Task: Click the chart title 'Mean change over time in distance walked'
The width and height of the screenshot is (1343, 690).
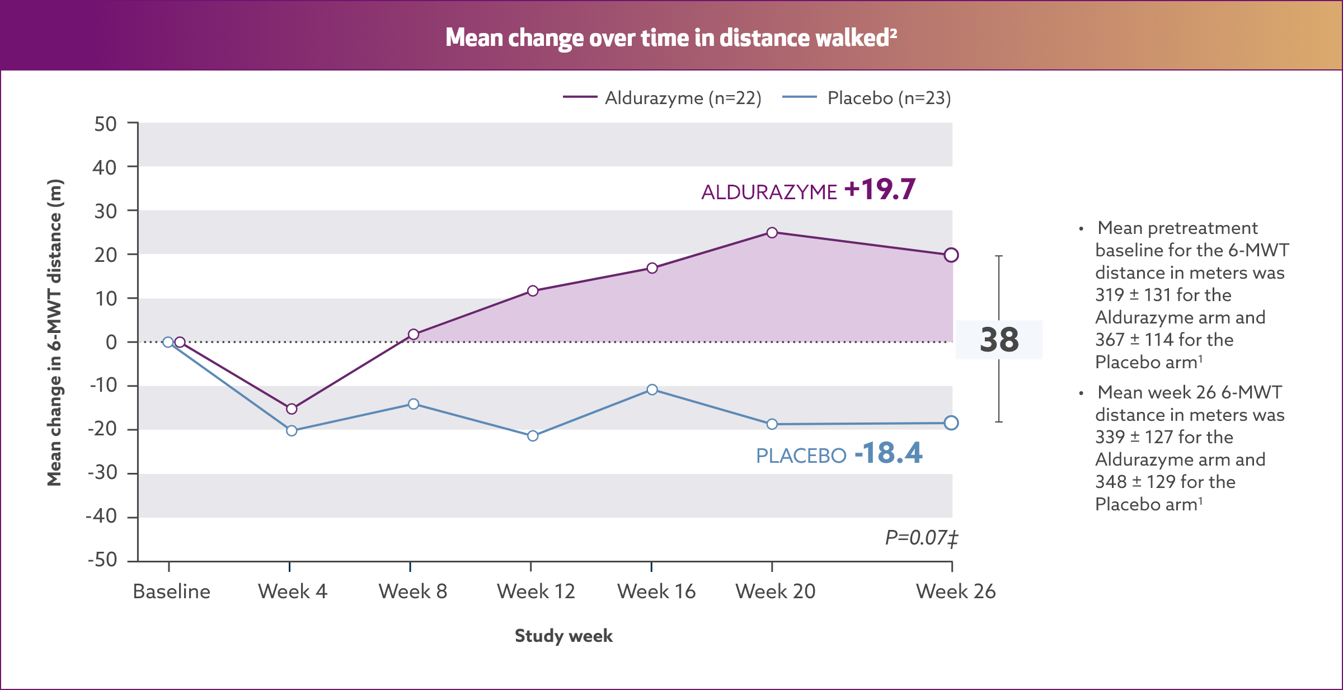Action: tap(671, 37)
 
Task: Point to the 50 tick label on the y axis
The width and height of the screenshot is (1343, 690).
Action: tap(105, 124)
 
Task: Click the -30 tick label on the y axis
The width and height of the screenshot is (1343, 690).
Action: tap(102, 473)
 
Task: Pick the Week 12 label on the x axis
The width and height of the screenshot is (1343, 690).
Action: tap(536, 592)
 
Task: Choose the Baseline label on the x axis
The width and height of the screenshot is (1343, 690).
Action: tap(171, 592)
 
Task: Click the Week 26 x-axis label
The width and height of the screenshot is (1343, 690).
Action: tap(956, 592)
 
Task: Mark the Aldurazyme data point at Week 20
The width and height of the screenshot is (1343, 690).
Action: tap(772, 232)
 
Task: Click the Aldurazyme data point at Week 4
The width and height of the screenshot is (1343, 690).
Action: tap(292, 409)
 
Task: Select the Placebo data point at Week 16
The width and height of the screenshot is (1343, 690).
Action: tap(652, 389)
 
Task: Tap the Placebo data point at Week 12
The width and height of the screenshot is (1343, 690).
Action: tap(533, 435)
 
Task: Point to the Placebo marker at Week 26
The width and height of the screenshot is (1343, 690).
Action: tap(951, 423)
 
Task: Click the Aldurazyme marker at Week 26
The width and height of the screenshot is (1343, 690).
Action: tap(951, 255)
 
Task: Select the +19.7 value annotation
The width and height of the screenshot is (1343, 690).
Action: tap(880, 189)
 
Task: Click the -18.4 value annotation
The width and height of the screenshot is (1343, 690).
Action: tap(888, 453)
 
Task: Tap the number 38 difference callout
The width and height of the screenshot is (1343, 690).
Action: tap(999, 340)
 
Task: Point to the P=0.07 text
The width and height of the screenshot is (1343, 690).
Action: tap(921, 538)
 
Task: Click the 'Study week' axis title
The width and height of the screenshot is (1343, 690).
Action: tap(564, 636)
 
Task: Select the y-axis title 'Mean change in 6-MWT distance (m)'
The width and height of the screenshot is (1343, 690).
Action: tap(54, 332)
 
